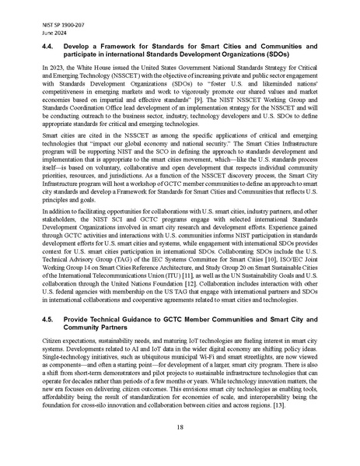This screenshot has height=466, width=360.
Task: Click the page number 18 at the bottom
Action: (x=180, y=427)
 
